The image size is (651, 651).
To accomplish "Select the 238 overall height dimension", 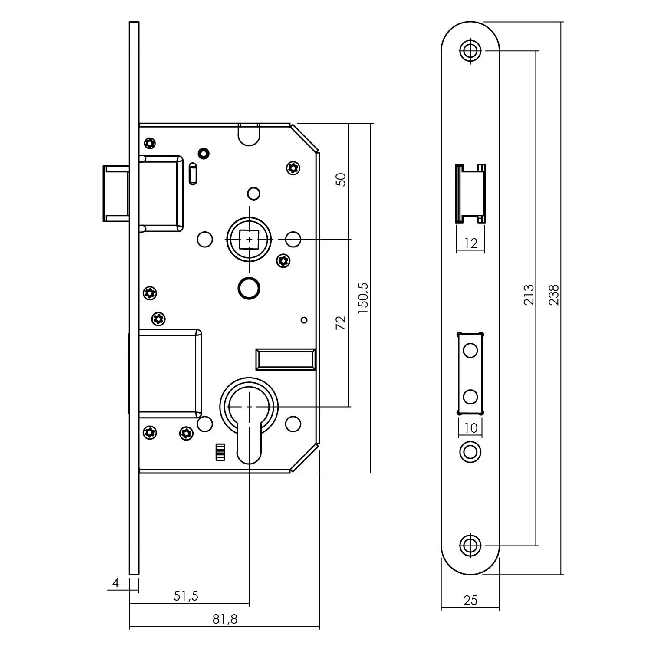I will (554, 295).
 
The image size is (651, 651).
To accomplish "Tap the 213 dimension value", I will (529, 295).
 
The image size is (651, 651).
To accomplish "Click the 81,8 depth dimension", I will (225, 619).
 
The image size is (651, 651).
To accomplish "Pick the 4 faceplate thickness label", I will (115, 582).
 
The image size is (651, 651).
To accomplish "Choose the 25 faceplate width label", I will (470, 600).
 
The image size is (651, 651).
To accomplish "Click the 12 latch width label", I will (470, 243).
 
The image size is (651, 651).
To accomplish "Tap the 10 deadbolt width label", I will (470, 428).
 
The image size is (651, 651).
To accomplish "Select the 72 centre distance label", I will (342, 323).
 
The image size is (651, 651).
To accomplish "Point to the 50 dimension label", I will (342, 179).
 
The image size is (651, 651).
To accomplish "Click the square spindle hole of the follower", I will (249, 239).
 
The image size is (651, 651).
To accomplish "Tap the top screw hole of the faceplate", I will (470, 50).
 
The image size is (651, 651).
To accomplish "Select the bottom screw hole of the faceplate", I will (470, 545).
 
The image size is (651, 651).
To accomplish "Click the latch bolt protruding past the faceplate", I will (115, 194).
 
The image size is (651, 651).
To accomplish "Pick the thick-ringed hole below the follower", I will (249, 287).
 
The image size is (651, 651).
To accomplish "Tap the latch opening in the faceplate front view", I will (470, 194).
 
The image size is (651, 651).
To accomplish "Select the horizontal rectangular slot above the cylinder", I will (285, 359).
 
